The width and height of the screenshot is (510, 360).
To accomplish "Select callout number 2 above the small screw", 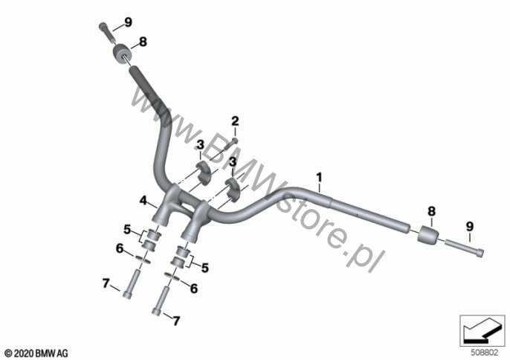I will [x=235, y=121].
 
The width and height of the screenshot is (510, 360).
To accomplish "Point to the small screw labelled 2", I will [x=233, y=140].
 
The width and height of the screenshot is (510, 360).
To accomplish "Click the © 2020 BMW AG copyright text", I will [x=36, y=351].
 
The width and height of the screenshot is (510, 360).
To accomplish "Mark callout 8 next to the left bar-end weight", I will [x=143, y=42].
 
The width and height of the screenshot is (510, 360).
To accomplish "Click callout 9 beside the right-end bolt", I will [x=469, y=226].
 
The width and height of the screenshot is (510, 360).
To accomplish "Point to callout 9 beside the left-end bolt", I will [x=128, y=22].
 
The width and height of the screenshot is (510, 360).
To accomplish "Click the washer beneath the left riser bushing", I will [x=144, y=258].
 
